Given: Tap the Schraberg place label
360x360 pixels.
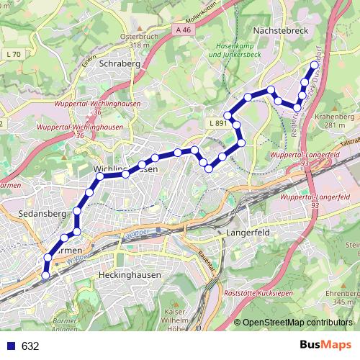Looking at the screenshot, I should coord(119,63).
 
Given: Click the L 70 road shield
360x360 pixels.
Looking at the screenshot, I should coord(12,54).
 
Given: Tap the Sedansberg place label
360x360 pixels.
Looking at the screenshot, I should coord(43,214).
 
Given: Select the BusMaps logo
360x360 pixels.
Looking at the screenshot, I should coord(328,346).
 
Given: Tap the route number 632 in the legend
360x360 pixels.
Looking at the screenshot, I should coord(30,346).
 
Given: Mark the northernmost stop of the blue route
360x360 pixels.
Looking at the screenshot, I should coord(315,66).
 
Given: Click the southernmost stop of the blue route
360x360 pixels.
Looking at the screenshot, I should coord(45,274).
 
